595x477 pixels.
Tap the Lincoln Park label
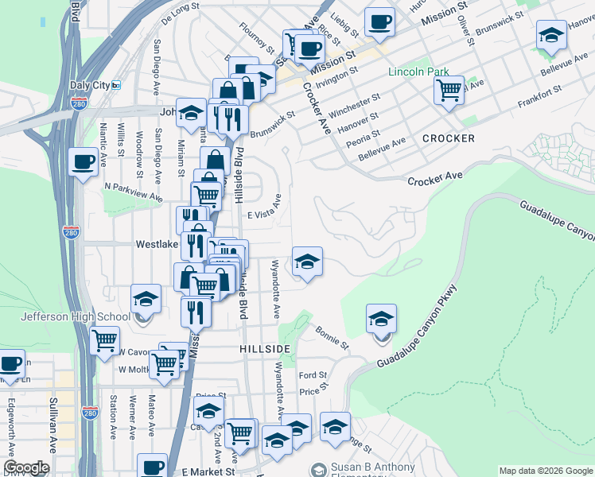(x=418, y=72)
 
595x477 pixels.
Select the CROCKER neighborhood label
(x=449, y=138)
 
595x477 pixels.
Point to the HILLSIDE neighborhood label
(x=264, y=349)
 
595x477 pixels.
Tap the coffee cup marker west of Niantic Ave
(x=84, y=163)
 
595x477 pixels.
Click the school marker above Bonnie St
(x=381, y=320)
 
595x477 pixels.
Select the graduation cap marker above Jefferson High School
(x=146, y=300)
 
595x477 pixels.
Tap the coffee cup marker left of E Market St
(x=152, y=466)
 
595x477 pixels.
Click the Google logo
(x=26, y=467)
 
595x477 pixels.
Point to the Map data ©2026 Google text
(x=546, y=471)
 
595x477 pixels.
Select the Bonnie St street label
(x=332, y=337)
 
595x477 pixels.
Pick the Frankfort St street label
(x=539, y=97)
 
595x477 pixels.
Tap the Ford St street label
(x=313, y=375)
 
